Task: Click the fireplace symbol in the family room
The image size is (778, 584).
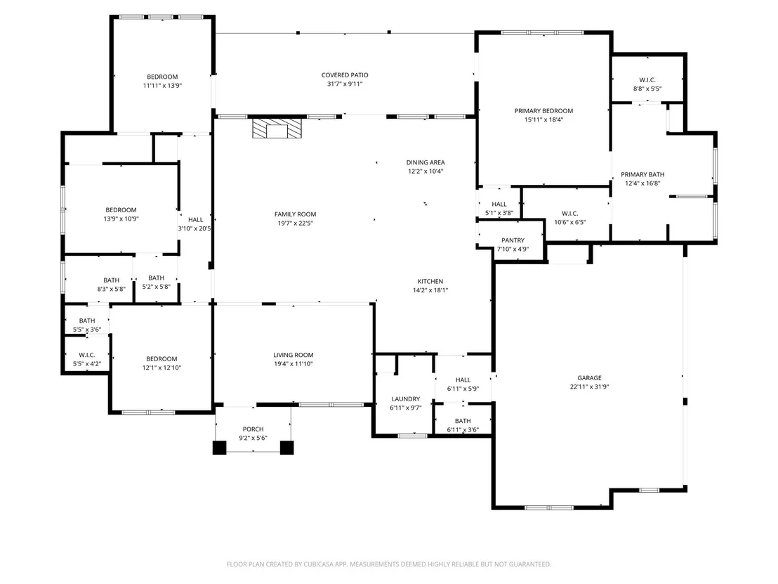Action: (277, 128)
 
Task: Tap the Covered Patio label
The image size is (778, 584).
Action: (345, 75)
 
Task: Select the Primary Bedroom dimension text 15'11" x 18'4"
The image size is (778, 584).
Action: (543, 119)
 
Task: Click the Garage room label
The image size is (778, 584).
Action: (589, 378)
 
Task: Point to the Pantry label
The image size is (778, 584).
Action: (513, 240)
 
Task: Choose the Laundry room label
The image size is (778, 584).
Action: (406, 398)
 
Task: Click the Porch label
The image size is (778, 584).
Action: (253, 429)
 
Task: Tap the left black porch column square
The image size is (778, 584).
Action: (219, 448)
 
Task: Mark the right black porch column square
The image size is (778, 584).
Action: (286, 448)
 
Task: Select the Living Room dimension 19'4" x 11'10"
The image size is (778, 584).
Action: (294, 364)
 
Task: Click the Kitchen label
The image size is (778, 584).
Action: (430, 281)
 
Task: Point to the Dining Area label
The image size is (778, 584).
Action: (426, 162)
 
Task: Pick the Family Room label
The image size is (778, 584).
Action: (295, 214)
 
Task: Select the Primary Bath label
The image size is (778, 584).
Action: (642, 174)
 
